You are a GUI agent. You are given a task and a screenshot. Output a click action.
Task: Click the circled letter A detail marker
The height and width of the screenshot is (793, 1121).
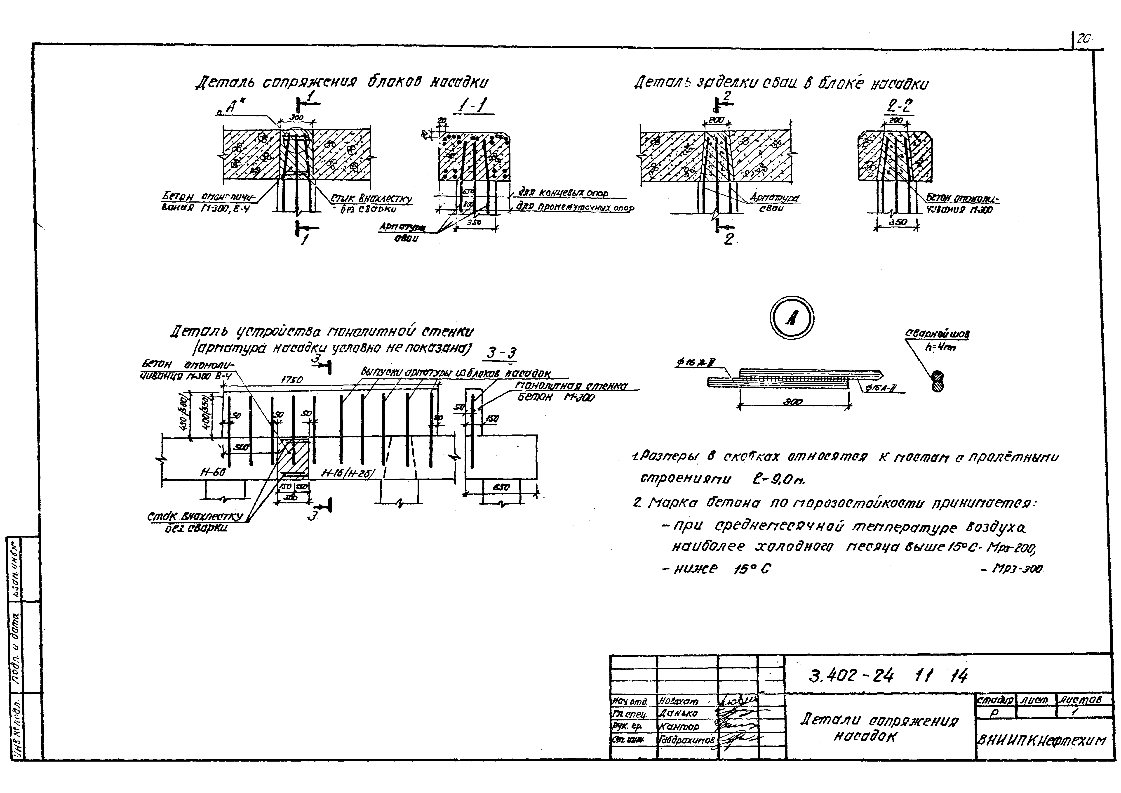(791, 318)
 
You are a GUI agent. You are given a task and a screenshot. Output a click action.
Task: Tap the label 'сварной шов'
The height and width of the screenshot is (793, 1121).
(938, 335)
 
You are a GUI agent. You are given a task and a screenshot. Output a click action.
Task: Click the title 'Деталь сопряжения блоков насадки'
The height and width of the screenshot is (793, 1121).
(342, 82)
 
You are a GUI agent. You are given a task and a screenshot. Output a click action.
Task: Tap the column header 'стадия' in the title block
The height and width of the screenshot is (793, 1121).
(995, 700)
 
